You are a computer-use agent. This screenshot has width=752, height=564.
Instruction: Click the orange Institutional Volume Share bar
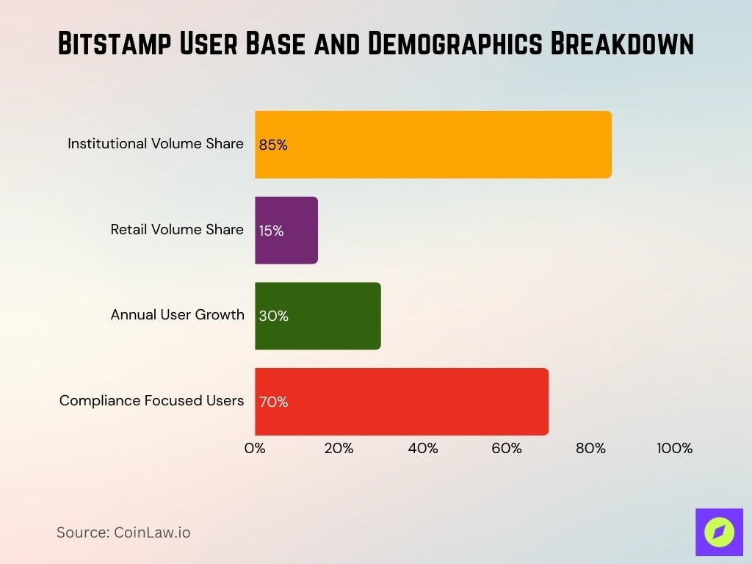point(433,144)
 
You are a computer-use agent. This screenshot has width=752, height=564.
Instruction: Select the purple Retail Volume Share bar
point(286,230)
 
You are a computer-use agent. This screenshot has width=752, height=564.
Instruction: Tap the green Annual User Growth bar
point(318,316)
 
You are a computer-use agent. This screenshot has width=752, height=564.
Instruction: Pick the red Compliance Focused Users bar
point(402,402)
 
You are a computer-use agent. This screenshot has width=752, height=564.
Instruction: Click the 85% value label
point(273,145)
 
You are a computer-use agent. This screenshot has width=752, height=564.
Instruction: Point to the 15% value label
point(271,231)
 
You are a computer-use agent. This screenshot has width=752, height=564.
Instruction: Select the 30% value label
point(273,317)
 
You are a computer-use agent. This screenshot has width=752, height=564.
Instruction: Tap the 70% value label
point(273,402)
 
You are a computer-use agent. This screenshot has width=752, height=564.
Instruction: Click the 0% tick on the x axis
point(255,448)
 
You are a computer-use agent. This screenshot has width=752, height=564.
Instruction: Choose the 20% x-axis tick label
point(339,448)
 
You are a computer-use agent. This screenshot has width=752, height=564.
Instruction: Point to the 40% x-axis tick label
point(423,448)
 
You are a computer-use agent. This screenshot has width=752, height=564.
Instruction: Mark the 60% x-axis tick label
point(507,448)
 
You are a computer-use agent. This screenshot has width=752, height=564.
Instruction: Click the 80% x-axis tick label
point(590,448)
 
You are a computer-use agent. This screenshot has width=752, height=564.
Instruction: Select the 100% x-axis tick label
point(674,448)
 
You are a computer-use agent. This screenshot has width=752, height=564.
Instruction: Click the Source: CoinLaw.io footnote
point(123,532)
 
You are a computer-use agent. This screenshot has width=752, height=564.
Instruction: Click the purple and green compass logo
point(719,532)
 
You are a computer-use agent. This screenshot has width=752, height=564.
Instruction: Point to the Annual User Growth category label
point(177,314)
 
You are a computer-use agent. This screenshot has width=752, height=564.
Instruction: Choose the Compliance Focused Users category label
point(151,400)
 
